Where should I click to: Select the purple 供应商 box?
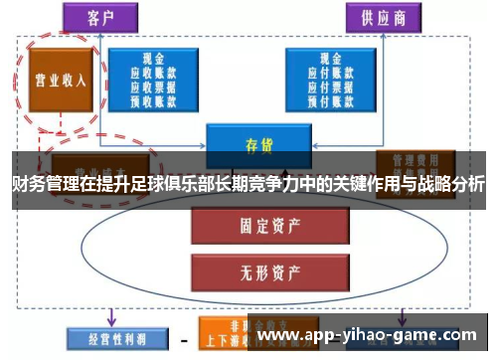[381, 16]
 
